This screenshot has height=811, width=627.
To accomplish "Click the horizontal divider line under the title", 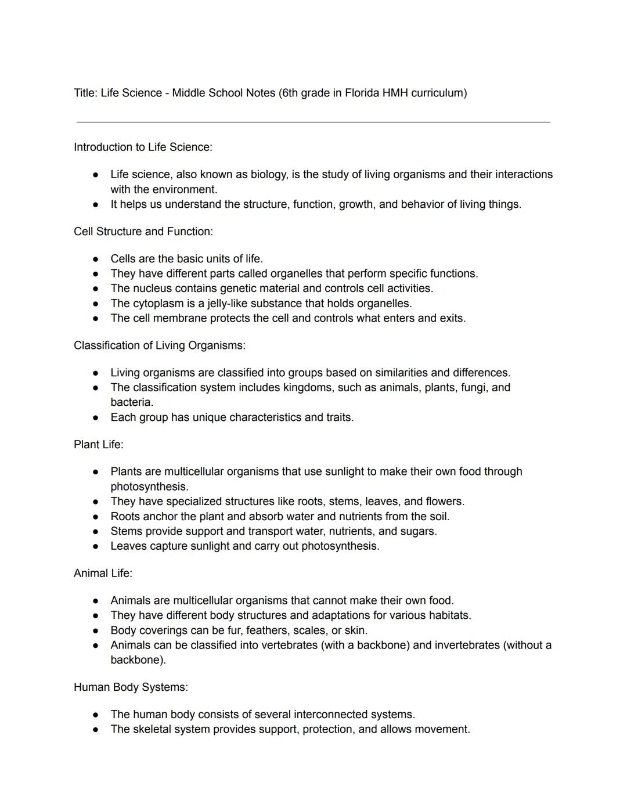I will point(313,122).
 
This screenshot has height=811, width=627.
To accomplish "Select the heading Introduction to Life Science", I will point(143,147).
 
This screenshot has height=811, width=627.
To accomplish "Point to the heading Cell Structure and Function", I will point(143,232).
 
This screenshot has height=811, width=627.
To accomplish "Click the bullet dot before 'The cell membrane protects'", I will point(95,319).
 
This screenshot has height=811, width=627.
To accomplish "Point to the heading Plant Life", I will point(99,445).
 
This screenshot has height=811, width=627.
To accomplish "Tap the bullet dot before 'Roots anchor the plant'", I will point(95,517).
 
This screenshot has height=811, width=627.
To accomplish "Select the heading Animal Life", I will point(103,574).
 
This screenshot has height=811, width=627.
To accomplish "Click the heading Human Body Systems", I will point(131,687).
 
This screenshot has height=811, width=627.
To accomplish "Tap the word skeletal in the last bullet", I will point(153,730).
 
